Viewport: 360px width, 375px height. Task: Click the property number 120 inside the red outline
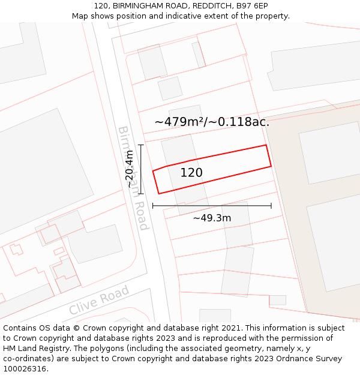tap(191, 173)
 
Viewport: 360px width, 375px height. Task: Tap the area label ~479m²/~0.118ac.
tap(212, 122)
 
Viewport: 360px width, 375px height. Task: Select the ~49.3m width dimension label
tap(212, 218)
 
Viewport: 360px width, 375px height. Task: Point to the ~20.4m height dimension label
tap(130, 169)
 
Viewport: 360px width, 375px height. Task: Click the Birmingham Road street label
tap(132, 178)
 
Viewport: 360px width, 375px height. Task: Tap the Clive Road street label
tap(99, 300)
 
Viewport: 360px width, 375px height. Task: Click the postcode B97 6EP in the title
tap(253, 6)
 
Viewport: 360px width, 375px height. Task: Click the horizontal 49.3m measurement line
tap(212, 206)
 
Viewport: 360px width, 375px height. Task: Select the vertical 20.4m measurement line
tap(141, 169)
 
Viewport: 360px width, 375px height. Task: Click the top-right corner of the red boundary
tap(266, 145)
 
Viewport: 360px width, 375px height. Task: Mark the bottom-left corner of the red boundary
tap(159, 193)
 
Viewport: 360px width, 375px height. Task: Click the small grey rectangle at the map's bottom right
tap(277, 300)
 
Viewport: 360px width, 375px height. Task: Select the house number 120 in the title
tap(101, 6)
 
